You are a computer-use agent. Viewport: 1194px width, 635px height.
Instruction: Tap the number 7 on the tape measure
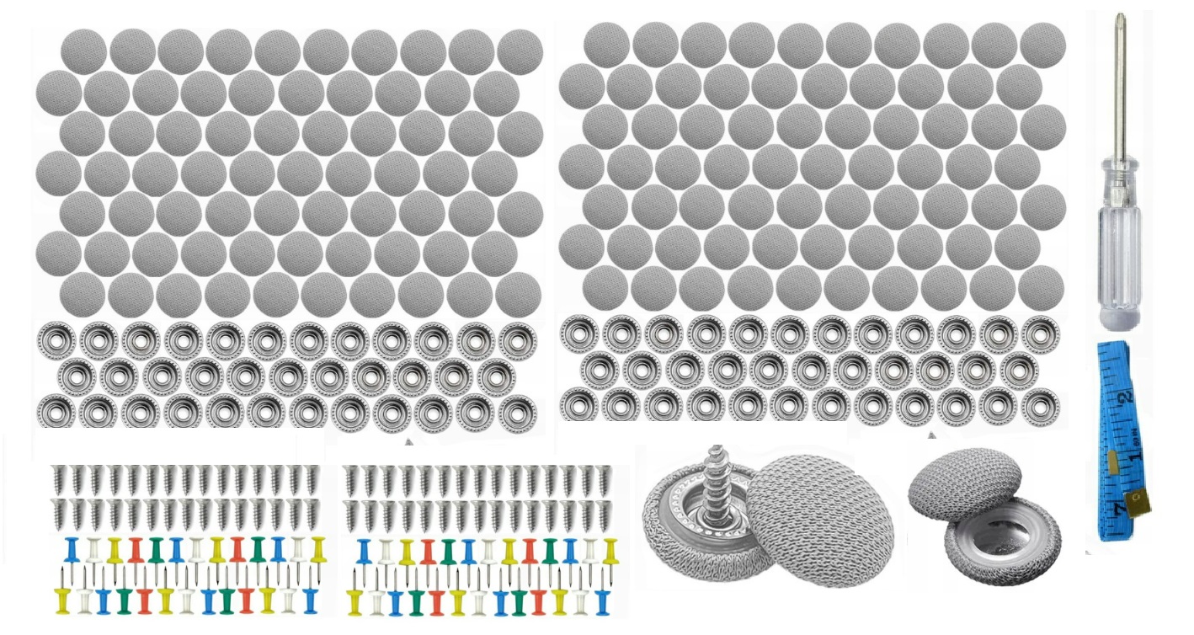[1119, 507]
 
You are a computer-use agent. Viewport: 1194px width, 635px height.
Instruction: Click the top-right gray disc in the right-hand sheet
[1042, 45]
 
